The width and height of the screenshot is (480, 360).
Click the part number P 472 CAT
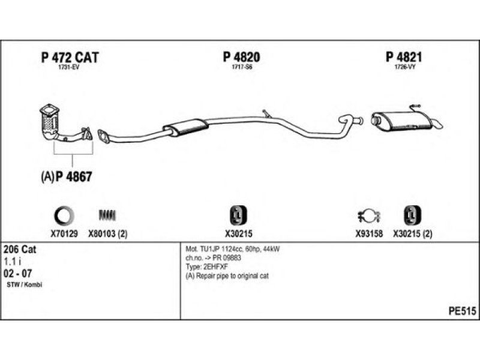[70, 58]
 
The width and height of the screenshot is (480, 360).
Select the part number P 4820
[241, 58]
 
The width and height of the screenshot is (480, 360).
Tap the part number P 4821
[405, 58]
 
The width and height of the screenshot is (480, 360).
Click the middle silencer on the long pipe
[185, 127]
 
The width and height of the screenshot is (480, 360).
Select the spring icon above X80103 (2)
[108, 215]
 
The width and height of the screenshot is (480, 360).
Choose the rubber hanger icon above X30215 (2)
[412, 214]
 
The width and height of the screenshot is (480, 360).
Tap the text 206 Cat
[20, 250]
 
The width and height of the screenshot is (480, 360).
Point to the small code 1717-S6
[241, 68]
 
